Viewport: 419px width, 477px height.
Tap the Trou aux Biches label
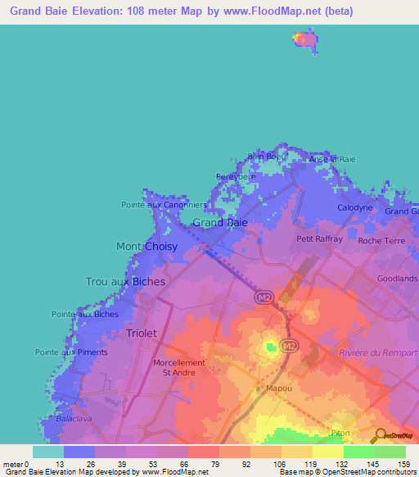click(x=125, y=281)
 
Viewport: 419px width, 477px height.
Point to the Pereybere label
click(x=236, y=176)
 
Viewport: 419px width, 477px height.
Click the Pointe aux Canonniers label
click(x=164, y=205)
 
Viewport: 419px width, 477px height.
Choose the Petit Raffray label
click(x=316, y=239)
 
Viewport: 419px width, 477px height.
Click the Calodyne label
click(x=355, y=208)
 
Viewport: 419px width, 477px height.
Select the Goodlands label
click(x=398, y=279)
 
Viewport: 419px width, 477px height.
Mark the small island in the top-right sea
click(x=305, y=39)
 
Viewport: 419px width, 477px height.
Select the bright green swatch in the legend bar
click(x=358, y=452)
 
